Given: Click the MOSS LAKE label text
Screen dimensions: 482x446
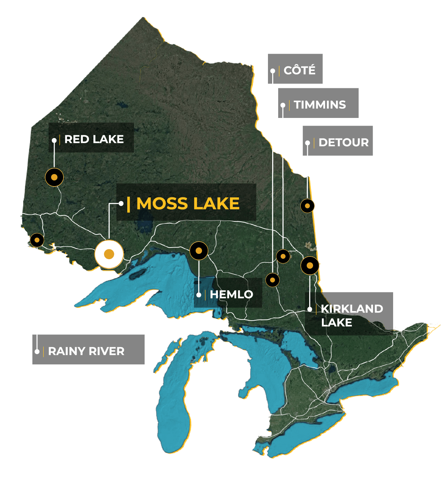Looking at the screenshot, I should point(188,204).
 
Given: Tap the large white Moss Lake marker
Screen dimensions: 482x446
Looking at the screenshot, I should point(109,254).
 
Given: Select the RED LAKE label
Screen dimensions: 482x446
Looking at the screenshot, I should point(94,139).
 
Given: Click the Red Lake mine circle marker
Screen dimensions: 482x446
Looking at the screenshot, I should point(54,177).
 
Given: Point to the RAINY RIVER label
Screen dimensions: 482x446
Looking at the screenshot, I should point(86,351).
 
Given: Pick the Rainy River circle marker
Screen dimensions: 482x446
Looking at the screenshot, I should point(37,240).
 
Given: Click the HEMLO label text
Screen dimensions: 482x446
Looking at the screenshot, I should point(231,294).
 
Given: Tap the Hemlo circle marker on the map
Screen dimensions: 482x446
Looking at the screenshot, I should point(199,251).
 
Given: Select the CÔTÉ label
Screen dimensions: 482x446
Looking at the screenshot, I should point(299,70).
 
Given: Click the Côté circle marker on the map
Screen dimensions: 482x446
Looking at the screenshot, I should point(272,280).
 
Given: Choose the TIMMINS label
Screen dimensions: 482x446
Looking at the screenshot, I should point(320,105).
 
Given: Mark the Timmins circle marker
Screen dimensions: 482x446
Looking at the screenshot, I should point(283,256).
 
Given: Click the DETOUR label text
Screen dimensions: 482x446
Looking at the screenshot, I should point(343,143).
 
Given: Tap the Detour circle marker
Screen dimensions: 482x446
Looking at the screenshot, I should point(307,206).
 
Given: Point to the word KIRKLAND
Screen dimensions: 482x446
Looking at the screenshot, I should point(352,309).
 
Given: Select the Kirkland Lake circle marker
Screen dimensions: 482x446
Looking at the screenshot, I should point(310,265).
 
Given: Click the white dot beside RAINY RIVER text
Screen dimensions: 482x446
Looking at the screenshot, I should point(37,352).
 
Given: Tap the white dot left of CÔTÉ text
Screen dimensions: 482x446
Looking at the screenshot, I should point(273,71).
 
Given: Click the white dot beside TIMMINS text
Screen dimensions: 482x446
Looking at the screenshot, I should point(283,105).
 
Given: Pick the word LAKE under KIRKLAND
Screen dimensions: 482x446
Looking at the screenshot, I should point(336,322).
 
